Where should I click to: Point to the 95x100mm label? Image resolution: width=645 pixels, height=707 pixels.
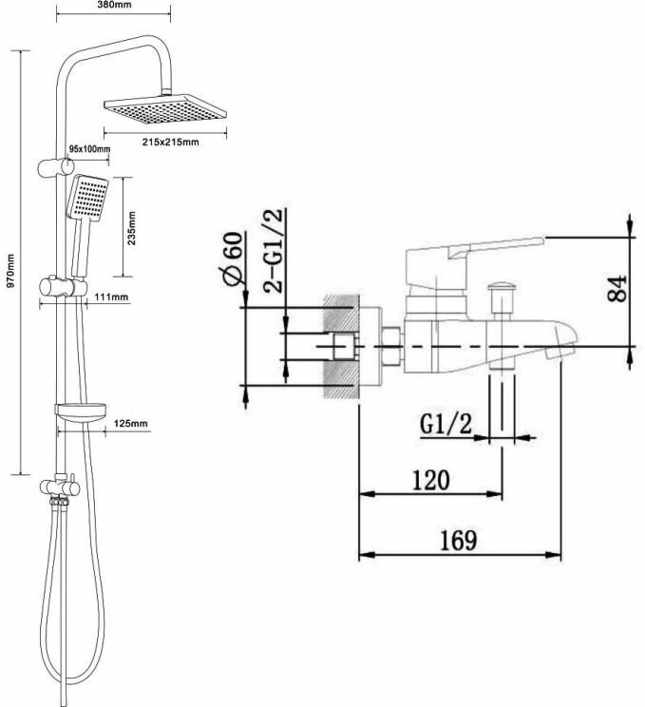coord(90,149)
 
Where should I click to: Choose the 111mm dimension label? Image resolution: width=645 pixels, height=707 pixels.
coord(112,297)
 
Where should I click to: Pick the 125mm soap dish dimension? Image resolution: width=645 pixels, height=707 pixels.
coord(132,423)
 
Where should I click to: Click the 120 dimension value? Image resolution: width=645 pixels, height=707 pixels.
coord(429,480)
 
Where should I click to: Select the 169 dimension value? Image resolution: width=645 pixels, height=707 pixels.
coord(458,540)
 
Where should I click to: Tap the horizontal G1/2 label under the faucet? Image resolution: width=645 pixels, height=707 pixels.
coord(446,424)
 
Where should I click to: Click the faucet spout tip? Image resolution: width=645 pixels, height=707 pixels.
coord(563,345)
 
